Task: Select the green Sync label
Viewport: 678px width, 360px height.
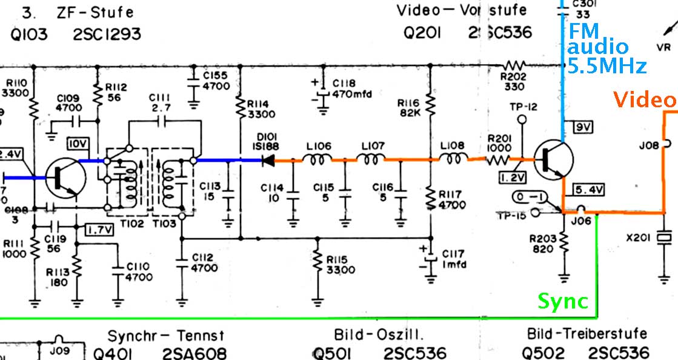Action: coord(563,301)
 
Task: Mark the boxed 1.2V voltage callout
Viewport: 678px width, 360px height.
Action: coord(512,178)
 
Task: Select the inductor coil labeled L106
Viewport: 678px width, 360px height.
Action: coord(319,161)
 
